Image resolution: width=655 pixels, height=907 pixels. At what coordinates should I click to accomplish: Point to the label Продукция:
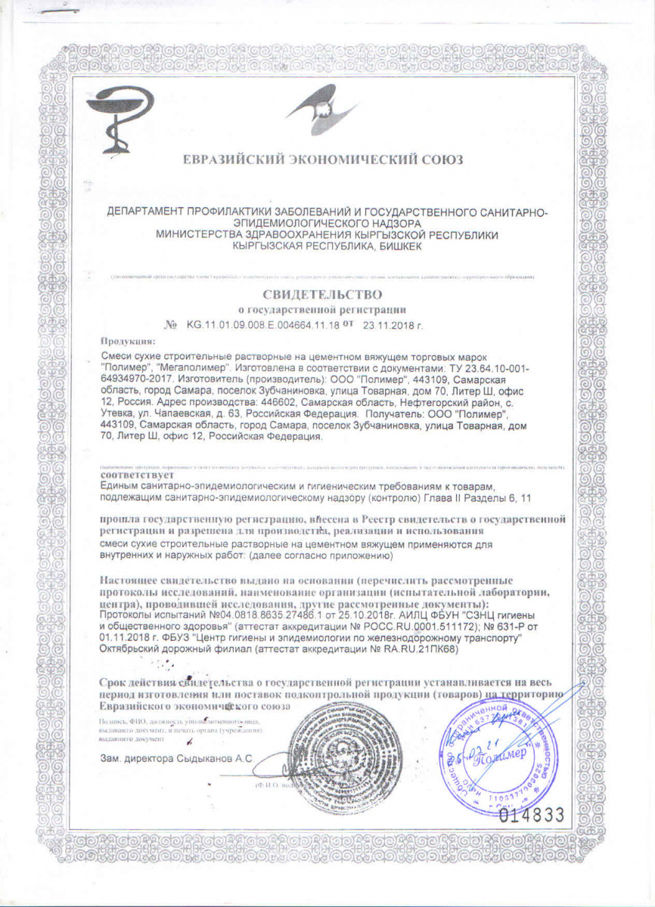pos(128,341)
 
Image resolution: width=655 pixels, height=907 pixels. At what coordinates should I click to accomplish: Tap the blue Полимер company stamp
pos(498,749)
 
